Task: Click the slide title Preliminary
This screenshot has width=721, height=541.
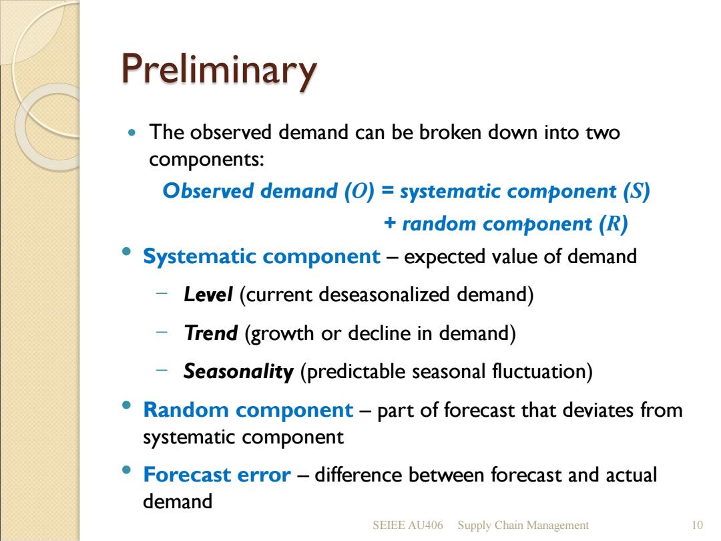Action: [220, 70]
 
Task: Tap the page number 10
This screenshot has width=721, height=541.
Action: [697, 525]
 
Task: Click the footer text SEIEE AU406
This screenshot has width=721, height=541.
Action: [408, 525]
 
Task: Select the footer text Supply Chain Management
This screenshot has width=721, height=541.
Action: [523, 526]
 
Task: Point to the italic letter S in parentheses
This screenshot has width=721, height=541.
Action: [636, 191]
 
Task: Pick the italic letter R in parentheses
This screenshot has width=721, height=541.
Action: [613, 224]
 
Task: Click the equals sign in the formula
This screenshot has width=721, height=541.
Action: [388, 190]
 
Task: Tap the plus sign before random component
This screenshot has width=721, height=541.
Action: [389, 222]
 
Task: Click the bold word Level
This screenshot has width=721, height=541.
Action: [208, 295]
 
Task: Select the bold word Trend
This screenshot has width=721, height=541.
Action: [210, 333]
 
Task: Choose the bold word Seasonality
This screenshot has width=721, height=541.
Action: [238, 372]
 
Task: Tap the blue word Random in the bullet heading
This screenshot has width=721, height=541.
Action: [186, 410]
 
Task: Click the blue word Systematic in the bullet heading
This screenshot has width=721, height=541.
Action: [199, 256]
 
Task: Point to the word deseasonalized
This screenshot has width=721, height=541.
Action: [383, 295]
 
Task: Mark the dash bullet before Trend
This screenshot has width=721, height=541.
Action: [162, 331]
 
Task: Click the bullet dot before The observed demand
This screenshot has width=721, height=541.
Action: [132, 133]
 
